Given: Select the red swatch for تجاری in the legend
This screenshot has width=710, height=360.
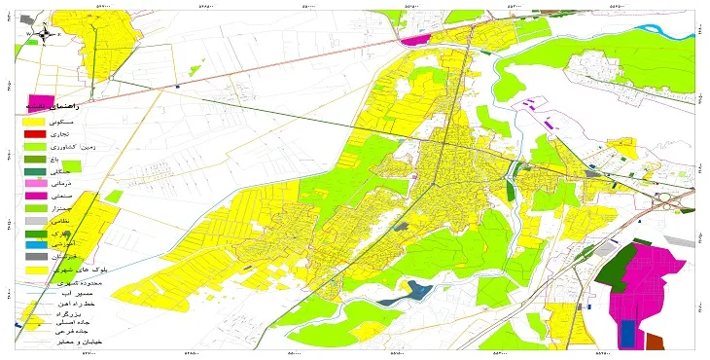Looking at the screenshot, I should pyautogui.click(x=35, y=133).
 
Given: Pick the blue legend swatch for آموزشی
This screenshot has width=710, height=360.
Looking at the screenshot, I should pyautogui.click(x=35, y=244).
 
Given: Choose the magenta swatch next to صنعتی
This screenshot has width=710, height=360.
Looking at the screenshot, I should pyautogui.click(x=35, y=196).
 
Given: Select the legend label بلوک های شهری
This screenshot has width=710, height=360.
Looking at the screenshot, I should pyautogui.click(x=87, y=270).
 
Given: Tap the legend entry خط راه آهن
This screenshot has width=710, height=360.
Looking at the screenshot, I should pyautogui.click(x=78, y=306).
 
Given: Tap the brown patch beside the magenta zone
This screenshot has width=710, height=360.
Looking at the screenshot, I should pyautogui.click(x=655, y=342).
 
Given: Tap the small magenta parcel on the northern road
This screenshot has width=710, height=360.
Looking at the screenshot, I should pyautogui.click(x=416, y=41).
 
